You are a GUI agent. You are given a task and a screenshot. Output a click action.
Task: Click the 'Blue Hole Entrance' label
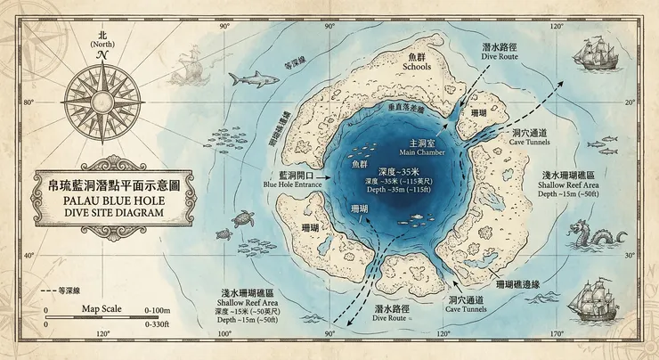(290, 184)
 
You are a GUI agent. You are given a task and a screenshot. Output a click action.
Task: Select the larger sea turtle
(241, 217)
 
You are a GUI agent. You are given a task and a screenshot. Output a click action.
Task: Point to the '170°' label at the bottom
(557, 336)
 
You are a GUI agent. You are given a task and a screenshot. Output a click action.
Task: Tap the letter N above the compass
(102, 55)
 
